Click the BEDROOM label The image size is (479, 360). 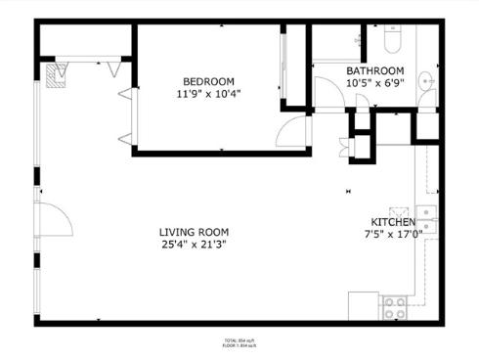click(209, 81)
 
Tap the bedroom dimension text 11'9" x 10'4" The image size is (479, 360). click(209, 95)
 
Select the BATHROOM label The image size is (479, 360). click(375, 71)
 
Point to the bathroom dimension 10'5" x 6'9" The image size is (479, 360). click(375, 84)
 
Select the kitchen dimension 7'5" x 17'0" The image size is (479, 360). click(393, 236)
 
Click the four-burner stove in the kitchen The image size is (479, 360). click(394, 306)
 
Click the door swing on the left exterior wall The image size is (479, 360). click(56, 219)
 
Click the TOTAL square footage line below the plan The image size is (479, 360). click(239, 340)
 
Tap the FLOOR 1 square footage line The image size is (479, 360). click(239, 346)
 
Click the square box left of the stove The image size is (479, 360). click(364, 304)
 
